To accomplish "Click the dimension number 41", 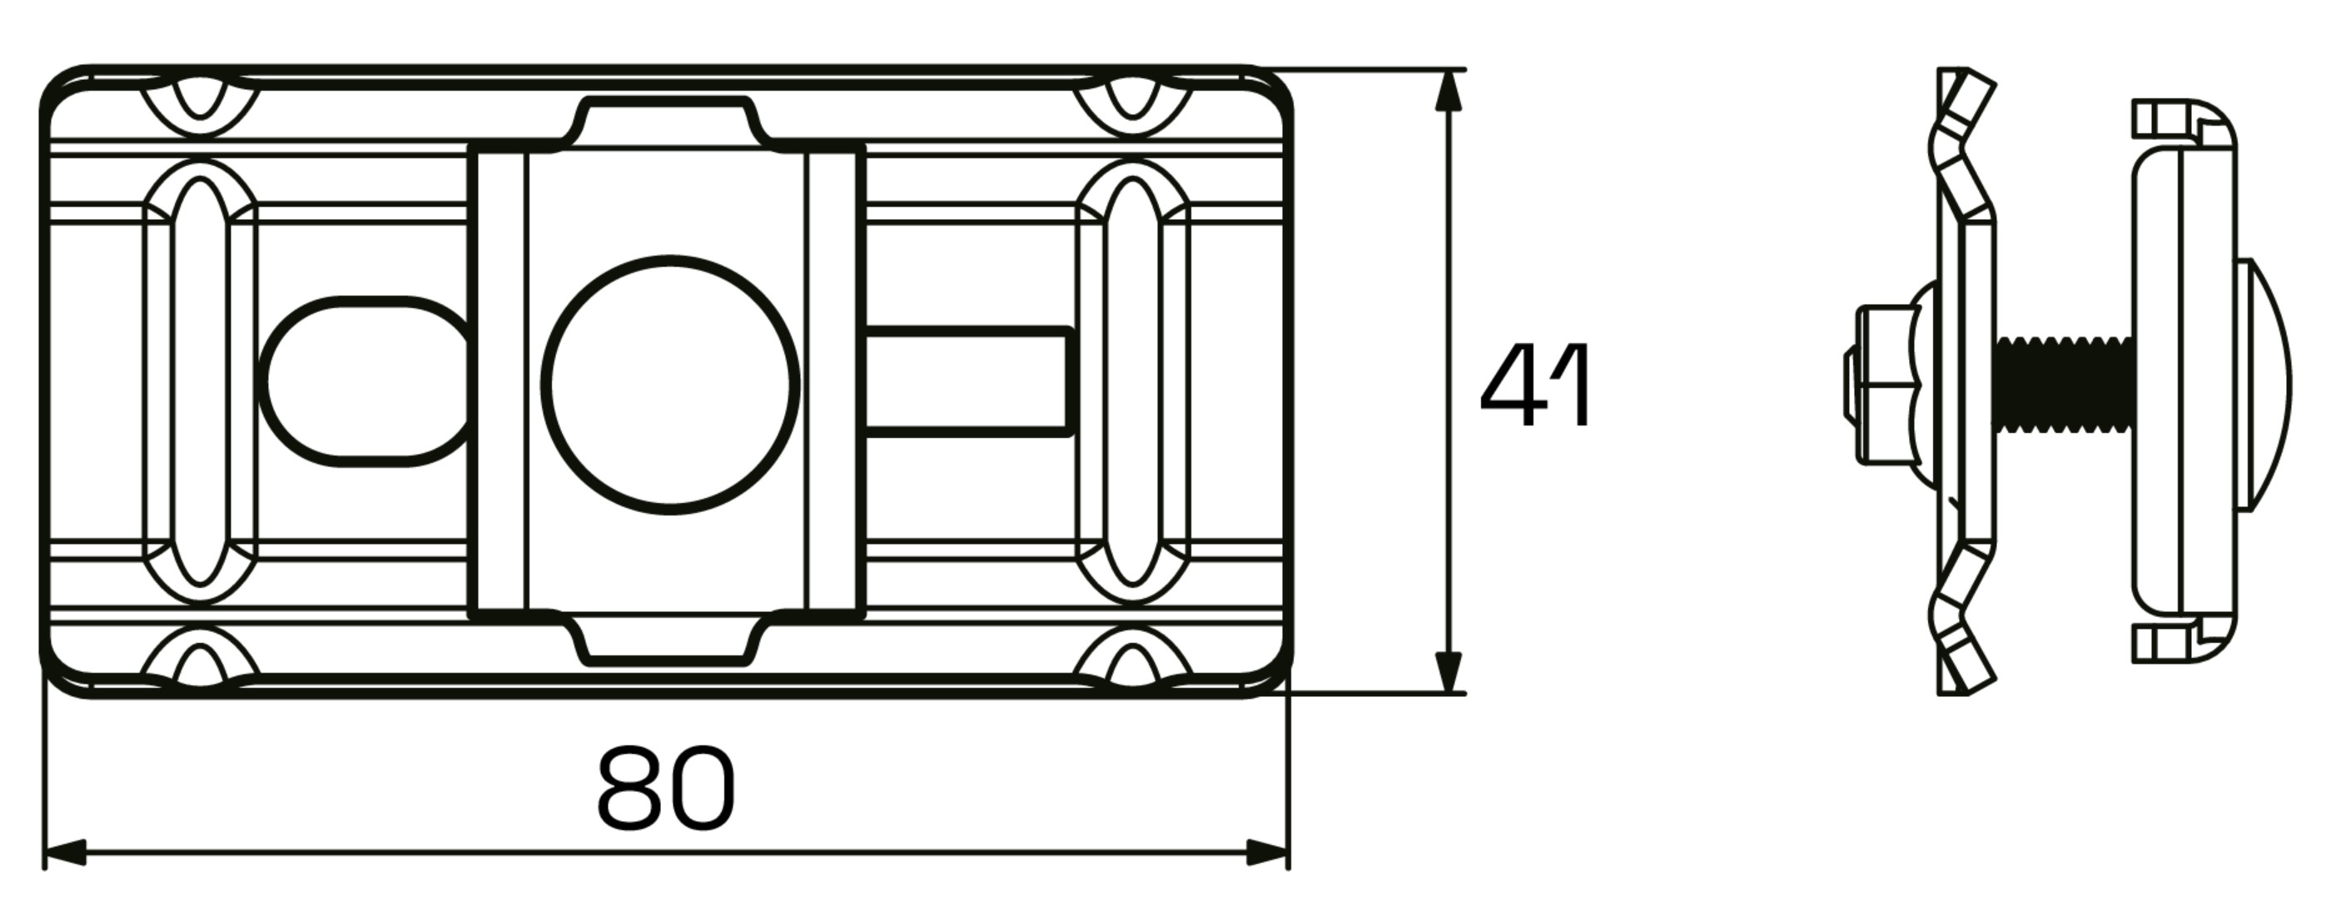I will pyautogui.click(x=1536, y=386).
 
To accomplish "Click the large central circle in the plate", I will pyautogui.click(x=670, y=385).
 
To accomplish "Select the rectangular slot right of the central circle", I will pyautogui.click(x=968, y=381).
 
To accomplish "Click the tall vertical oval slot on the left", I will pyautogui.click(x=201, y=381).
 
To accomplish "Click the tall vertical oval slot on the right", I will pyautogui.click(x=1133, y=381).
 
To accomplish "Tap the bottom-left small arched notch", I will pyautogui.click(x=201, y=664).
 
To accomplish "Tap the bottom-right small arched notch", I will pyautogui.click(x=1133, y=664).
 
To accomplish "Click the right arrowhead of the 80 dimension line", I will pyautogui.click(x=1268, y=851).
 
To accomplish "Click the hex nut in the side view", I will pyautogui.click(x=1882, y=386).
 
